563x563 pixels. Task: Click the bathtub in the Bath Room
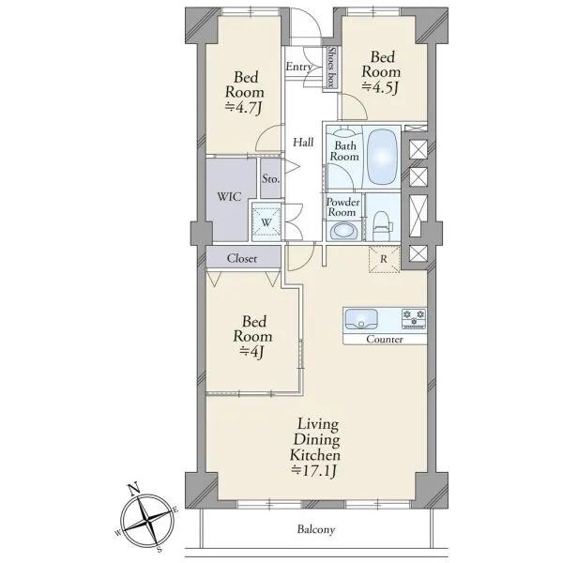pyautogui.click(x=383, y=157)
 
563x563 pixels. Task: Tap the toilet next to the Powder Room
pyautogui.click(x=382, y=225)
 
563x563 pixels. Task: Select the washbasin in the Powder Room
pyautogui.click(x=343, y=231)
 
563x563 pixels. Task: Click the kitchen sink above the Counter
pyautogui.click(x=361, y=319)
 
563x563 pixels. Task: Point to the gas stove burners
pyautogui.click(x=414, y=318)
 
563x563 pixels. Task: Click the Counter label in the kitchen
pyautogui.click(x=385, y=340)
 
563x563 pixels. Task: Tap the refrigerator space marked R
pyautogui.click(x=384, y=259)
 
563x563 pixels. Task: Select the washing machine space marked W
pyautogui.click(x=266, y=221)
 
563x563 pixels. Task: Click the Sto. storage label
pyautogui.click(x=270, y=178)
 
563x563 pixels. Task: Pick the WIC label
pyautogui.click(x=229, y=197)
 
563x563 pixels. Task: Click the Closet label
pyautogui.click(x=242, y=258)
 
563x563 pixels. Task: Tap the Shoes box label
pyautogui.click(x=332, y=68)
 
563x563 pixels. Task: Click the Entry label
pyautogui.click(x=298, y=67)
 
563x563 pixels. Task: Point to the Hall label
pyautogui.click(x=303, y=143)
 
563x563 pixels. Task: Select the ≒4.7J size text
pyautogui.click(x=243, y=107)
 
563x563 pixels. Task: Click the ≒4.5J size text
pyautogui.click(x=381, y=87)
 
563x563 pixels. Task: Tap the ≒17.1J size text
pyautogui.click(x=315, y=471)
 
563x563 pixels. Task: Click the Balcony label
pyautogui.click(x=316, y=529)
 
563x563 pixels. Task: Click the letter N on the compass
pyautogui.click(x=133, y=489)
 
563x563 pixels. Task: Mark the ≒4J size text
pyautogui.click(x=251, y=351)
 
